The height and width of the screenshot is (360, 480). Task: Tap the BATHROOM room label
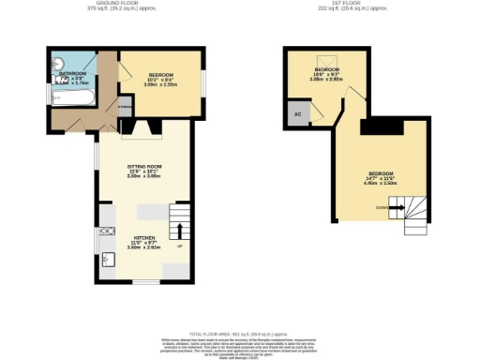pyautogui.click(x=72, y=73)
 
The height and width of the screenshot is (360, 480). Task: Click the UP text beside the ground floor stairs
pyautogui.click(x=179, y=247)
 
